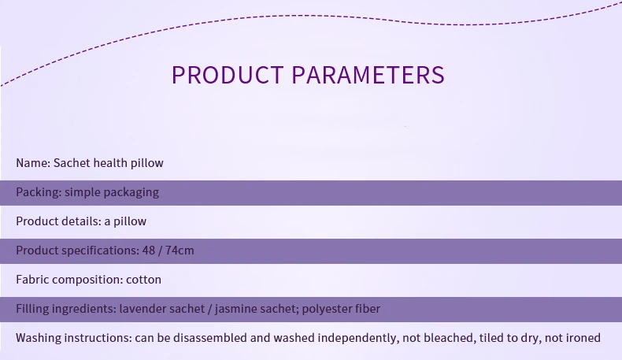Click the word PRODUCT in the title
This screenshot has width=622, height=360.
[x=228, y=75]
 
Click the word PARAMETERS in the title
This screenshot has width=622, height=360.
[x=368, y=75]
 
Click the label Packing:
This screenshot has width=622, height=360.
[x=39, y=192]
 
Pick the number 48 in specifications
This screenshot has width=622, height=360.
[x=148, y=251]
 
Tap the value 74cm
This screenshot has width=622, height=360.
[x=180, y=251]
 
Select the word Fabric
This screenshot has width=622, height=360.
[x=32, y=280]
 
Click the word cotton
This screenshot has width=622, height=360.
[x=143, y=280]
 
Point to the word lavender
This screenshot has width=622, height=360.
[x=143, y=309]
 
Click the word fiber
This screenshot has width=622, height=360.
[x=368, y=309]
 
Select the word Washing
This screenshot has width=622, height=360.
[x=39, y=338]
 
